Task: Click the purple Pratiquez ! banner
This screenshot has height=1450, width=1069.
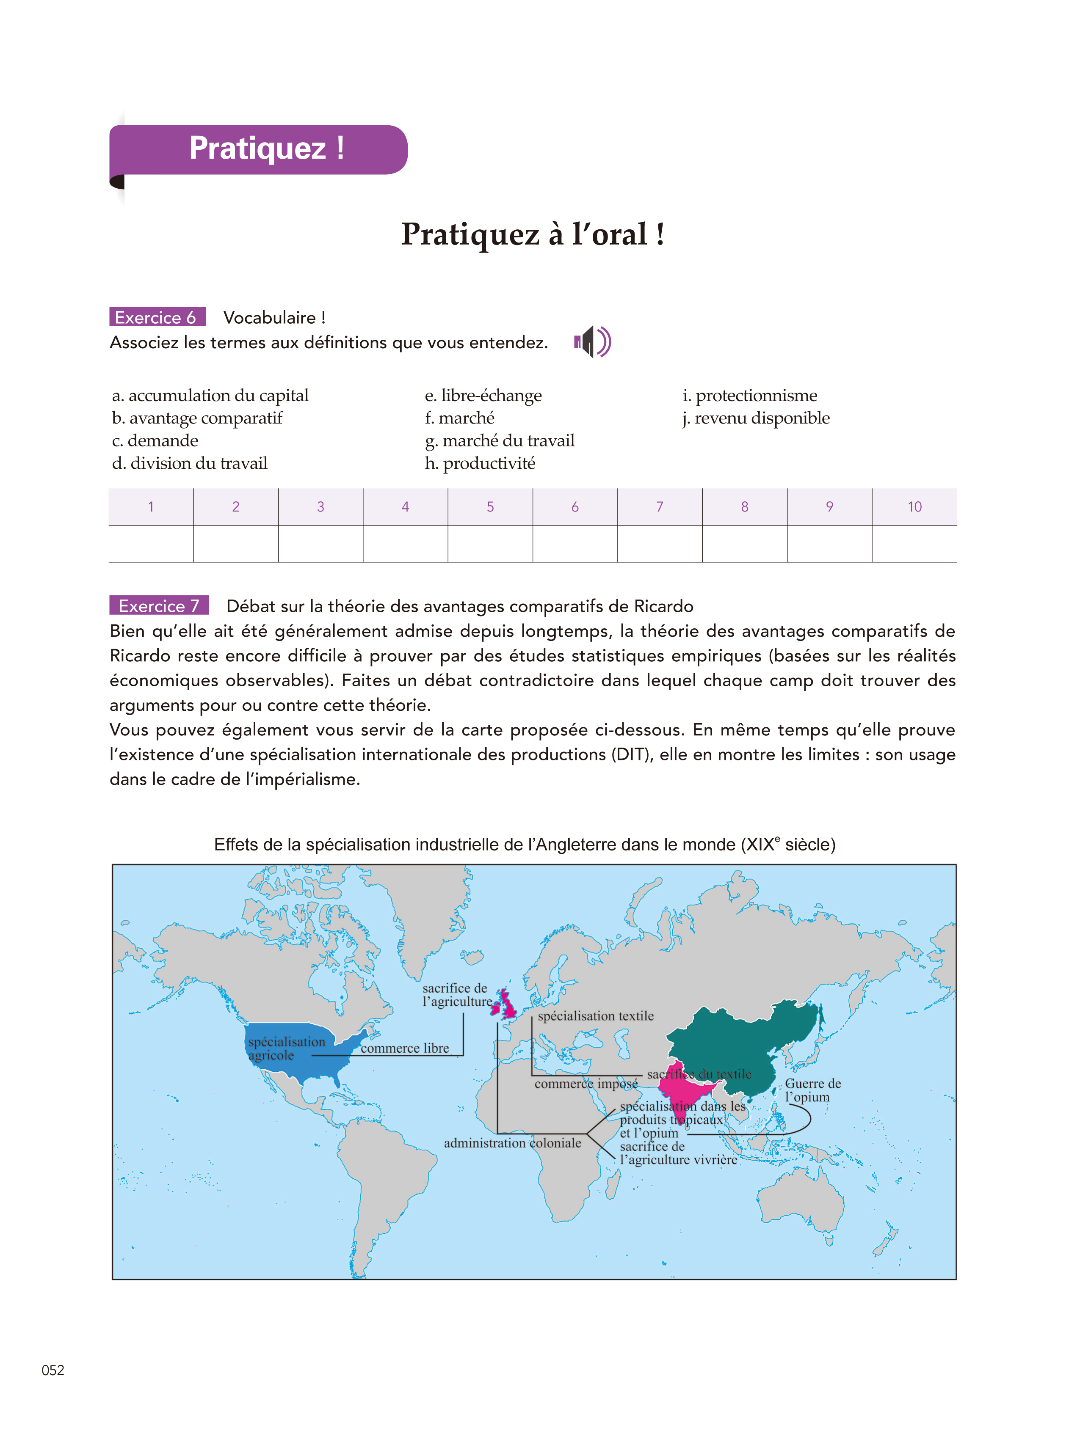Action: pos(259,149)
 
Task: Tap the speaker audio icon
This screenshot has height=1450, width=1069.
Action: pos(592,341)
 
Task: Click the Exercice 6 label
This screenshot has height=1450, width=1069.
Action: pos(157,317)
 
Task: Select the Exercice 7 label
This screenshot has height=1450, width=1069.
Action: pos(158,605)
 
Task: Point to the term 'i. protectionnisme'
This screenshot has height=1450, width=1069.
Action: pos(749,395)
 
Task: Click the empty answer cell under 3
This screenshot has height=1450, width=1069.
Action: pos(320,543)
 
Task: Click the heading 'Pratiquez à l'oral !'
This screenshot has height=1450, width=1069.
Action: pos(533,234)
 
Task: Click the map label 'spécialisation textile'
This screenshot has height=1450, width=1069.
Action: pos(595,1016)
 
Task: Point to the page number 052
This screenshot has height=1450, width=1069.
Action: pos(53,1370)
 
